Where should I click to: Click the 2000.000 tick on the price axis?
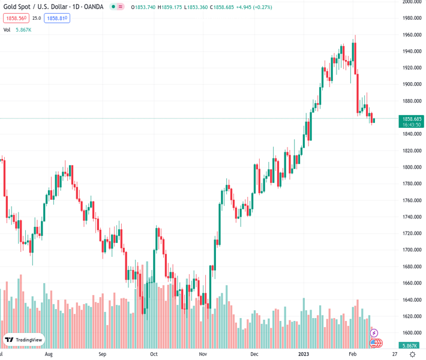coord(411,2)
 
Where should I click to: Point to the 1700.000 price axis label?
coord(411,250)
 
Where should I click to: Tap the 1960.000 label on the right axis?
coord(411,35)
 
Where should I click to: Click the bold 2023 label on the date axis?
coord(305,355)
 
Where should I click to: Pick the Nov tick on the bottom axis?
coord(203,355)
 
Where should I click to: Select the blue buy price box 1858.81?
coord(57,19)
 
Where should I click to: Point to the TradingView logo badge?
coord(24,340)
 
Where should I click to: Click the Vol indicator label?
coord(7,29)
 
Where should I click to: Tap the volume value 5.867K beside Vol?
coord(23,29)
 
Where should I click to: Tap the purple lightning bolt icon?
coord(374,333)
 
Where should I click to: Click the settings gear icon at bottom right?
coord(413,355)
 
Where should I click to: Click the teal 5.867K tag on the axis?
coord(411,346)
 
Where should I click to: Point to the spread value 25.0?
coord(37,19)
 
